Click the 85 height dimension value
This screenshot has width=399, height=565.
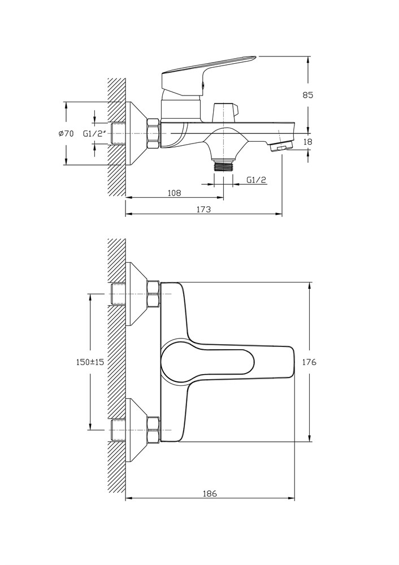[307, 95]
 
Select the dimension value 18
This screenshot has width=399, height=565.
[307, 142]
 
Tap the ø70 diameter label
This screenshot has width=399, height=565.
[66, 133]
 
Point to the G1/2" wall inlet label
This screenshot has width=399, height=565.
[95, 134]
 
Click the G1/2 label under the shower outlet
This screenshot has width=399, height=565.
[257, 180]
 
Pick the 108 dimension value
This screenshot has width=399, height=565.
[174, 193]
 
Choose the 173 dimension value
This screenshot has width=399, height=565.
[203, 209]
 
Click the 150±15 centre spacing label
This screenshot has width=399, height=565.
[90, 362]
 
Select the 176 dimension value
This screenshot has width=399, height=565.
[309, 362]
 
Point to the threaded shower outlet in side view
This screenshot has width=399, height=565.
[224, 166]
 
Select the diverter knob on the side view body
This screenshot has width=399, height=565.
[224, 111]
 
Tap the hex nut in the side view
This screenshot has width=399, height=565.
[153, 133]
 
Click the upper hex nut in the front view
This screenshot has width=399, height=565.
[153, 294]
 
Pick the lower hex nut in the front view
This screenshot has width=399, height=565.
[153, 430]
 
